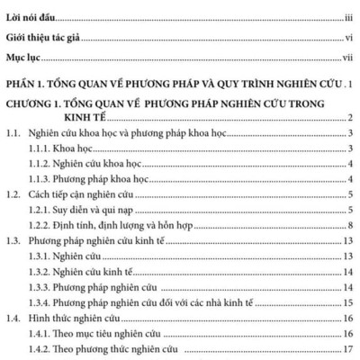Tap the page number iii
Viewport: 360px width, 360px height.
click(x=347, y=15)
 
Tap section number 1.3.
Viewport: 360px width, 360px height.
click(x=13, y=240)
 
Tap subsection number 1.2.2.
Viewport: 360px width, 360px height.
click(x=39, y=224)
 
